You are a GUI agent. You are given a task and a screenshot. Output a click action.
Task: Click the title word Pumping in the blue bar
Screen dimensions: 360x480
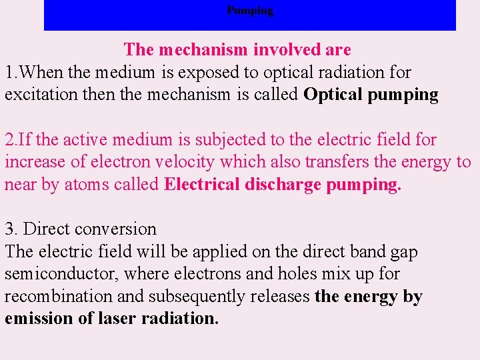[250, 11]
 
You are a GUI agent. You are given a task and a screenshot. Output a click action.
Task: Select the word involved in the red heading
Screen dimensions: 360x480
[267, 50]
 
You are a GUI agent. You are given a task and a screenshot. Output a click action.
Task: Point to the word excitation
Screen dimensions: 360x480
[41, 95]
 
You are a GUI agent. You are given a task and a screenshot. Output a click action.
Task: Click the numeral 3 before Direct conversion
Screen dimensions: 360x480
[9, 229]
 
